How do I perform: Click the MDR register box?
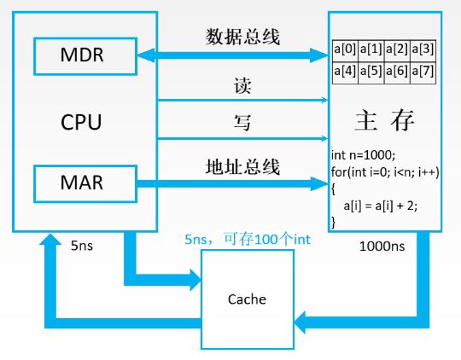pos(85,56)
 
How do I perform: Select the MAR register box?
pos(85,184)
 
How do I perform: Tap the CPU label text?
pos(81,122)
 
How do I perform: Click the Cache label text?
pos(247,299)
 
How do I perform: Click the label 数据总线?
pos(242,37)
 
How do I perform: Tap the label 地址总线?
pos(242,167)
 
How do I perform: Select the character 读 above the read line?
pos(242,86)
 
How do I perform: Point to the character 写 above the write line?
pos(242,122)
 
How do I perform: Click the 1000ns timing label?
pos(382,247)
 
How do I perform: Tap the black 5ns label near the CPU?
pos(82,246)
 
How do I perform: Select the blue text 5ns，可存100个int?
pos(248,239)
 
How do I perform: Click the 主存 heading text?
pos(384,120)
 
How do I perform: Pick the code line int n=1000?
pos(364,155)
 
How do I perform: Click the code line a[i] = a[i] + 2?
pos(381,206)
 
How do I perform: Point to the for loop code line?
pos(385,172)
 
